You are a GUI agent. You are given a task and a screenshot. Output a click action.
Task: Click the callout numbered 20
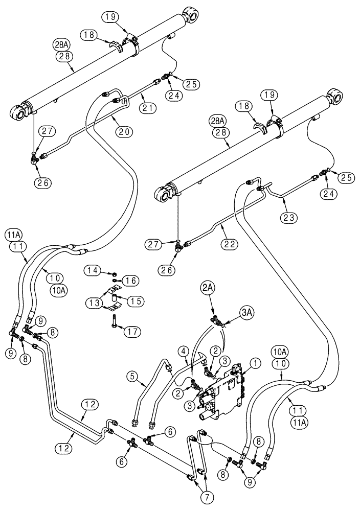tap(124, 131)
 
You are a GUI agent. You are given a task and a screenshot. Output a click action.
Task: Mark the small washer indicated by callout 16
tap(116, 280)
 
